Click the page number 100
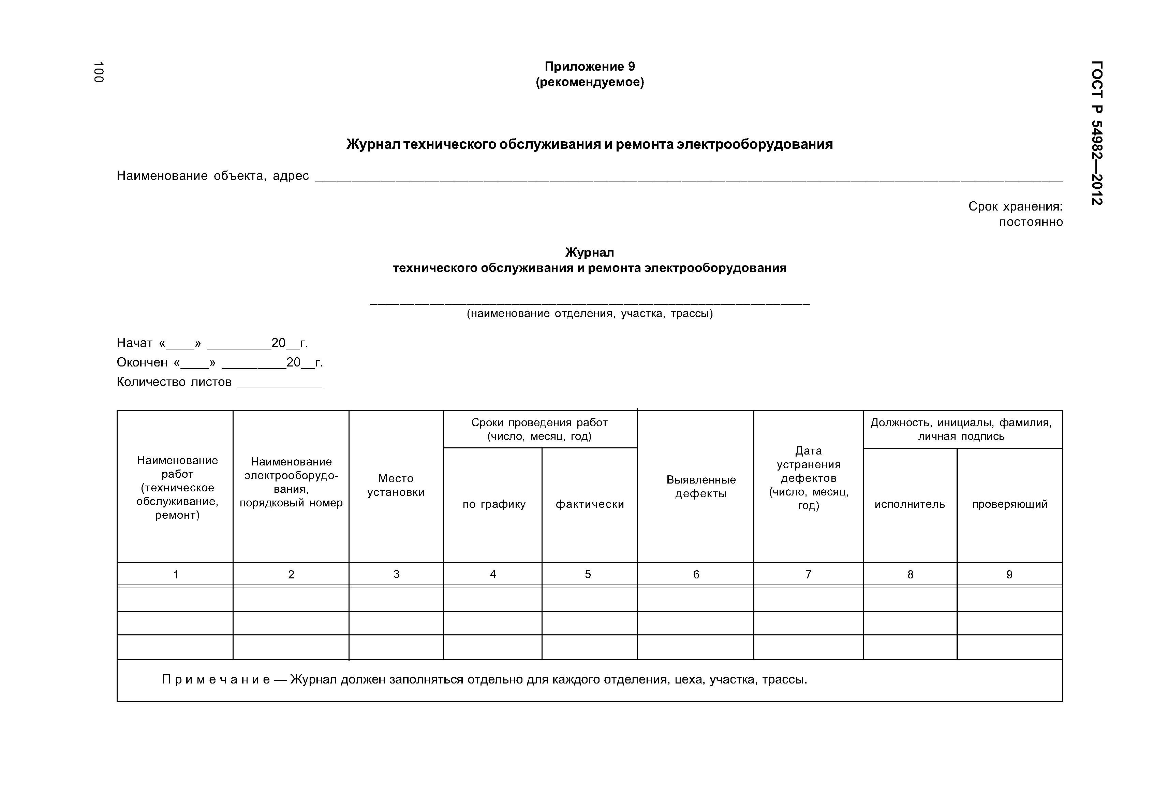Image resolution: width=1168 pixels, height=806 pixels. [99, 72]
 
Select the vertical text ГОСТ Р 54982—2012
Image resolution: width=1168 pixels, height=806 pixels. [1097, 133]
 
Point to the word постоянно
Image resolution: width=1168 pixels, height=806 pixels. [1031, 222]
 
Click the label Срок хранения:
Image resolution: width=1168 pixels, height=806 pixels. [1015, 206]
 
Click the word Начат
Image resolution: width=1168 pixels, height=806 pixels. [135, 343]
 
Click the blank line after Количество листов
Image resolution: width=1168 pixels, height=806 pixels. [279, 384]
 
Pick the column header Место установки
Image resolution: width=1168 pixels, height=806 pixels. [396, 485]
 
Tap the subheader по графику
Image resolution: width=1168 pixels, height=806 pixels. [494, 504]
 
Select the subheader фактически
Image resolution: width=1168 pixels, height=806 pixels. [590, 504]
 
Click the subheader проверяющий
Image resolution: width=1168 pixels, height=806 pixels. [1009, 504]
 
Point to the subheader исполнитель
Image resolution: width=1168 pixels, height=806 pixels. [910, 504]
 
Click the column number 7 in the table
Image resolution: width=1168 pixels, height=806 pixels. [808, 575]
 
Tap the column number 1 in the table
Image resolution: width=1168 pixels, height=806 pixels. [176, 575]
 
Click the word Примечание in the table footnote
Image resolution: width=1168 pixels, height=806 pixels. [216, 680]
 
